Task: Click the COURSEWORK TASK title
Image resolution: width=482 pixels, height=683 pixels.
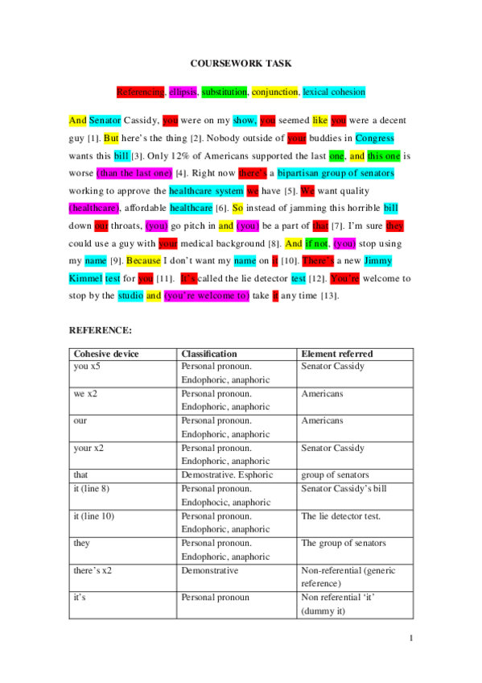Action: point(241,63)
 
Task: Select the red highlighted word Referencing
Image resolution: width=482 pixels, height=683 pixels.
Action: point(141,92)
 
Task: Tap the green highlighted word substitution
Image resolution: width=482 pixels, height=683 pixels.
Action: point(224,92)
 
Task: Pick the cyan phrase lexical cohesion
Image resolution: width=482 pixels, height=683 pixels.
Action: point(333,92)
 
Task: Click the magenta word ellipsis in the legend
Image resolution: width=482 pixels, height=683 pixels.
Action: point(183,92)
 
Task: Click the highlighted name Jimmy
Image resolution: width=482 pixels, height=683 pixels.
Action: point(377,260)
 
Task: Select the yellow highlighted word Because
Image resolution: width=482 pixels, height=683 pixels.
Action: point(143,260)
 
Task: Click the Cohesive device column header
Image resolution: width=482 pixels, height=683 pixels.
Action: point(106,354)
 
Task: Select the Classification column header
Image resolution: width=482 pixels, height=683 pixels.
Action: point(209,354)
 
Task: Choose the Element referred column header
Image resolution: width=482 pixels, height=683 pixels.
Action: point(336,354)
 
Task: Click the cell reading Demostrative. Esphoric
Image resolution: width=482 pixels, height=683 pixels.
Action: point(227,475)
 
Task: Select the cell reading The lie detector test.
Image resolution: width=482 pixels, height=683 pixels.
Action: point(340,516)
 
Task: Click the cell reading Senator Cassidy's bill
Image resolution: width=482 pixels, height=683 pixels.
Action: point(344,489)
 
